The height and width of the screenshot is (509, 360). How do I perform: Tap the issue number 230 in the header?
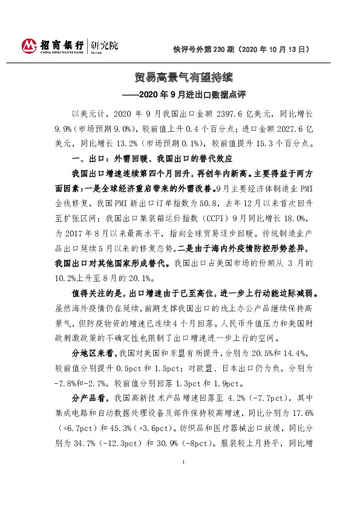223,48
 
